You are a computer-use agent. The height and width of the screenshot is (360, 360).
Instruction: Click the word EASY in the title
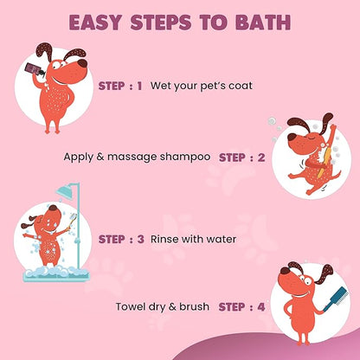pos(96,22)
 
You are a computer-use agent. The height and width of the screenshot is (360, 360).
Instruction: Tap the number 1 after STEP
pos(139,86)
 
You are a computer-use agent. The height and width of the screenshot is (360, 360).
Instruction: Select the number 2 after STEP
pos(261,157)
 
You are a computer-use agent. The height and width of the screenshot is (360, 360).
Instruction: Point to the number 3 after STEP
pos(140,239)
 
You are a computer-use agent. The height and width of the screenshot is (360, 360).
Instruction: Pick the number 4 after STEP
pos(261,306)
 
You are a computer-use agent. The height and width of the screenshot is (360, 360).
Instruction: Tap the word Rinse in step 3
pos(161,239)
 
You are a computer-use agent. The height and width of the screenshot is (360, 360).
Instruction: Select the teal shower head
pos(65,190)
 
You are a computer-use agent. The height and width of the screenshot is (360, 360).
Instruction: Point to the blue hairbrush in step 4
pos(336,299)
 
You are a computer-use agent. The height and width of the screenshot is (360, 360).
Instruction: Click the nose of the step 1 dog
pos(82,63)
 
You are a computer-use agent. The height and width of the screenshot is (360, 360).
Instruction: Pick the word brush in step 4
pos(194,306)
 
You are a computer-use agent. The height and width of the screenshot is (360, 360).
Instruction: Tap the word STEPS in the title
pos(161,22)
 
